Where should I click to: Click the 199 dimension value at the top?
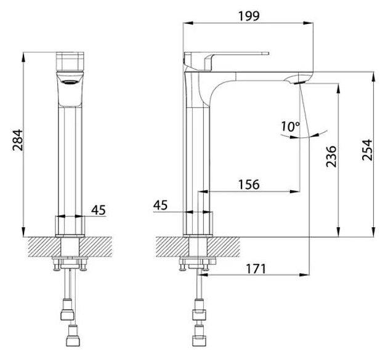point(249,16)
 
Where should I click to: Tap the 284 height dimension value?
point(18,140)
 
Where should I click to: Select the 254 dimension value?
point(367,150)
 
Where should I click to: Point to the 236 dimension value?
point(331,156)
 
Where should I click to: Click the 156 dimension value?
point(249,185)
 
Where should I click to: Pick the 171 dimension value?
point(256,269)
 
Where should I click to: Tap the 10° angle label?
point(291,127)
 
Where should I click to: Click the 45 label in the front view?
point(99,210)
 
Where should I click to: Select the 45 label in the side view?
point(160,205)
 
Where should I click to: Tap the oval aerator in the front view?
point(70,82)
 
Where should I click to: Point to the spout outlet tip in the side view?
point(300,82)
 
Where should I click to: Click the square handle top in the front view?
point(70,61)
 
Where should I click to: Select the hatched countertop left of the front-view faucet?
point(44,247)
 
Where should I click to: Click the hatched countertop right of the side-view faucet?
point(224,247)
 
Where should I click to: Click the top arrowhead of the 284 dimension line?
point(23,57)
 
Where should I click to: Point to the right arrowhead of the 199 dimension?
point(309,23)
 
